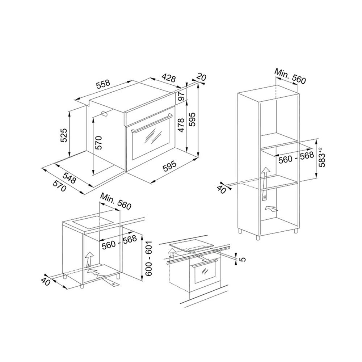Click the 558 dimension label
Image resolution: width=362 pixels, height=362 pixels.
pos(103,84)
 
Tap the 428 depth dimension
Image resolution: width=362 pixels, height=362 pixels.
pos(168,78)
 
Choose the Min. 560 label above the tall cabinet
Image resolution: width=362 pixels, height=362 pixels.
pos(290,76)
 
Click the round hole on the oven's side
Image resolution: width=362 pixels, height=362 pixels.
pos(105,114)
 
